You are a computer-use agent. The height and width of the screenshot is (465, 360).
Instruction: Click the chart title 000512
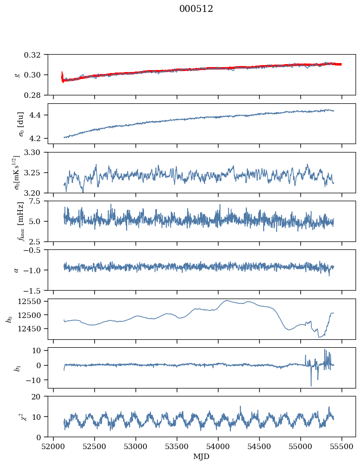(196, 9)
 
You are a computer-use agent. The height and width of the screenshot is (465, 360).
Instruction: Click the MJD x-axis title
(201, 457)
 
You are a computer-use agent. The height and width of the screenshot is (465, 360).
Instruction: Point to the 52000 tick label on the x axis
(53, 447)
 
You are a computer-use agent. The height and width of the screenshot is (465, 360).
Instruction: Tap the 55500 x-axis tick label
(342, 447)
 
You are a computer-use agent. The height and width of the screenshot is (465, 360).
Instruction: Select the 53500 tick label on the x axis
(177, 447)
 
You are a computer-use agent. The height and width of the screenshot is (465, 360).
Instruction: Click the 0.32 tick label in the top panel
(33, 55)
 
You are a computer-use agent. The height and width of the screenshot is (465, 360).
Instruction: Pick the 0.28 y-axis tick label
(33, 95)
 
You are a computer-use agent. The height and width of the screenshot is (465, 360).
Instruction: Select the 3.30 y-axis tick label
(33, 153)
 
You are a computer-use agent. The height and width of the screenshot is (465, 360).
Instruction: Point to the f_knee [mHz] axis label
(20, 221)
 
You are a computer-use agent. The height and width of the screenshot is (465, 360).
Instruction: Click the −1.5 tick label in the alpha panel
(33, 290)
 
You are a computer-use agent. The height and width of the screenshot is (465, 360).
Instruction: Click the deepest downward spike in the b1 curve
(311, 386)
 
